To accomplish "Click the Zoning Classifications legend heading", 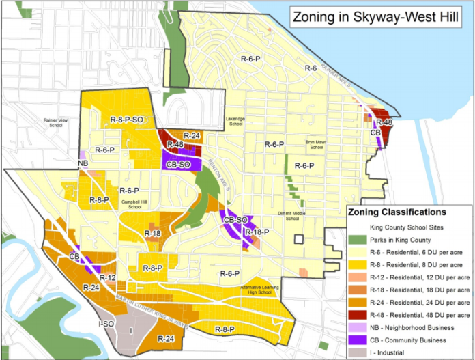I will (x=397, y=212).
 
